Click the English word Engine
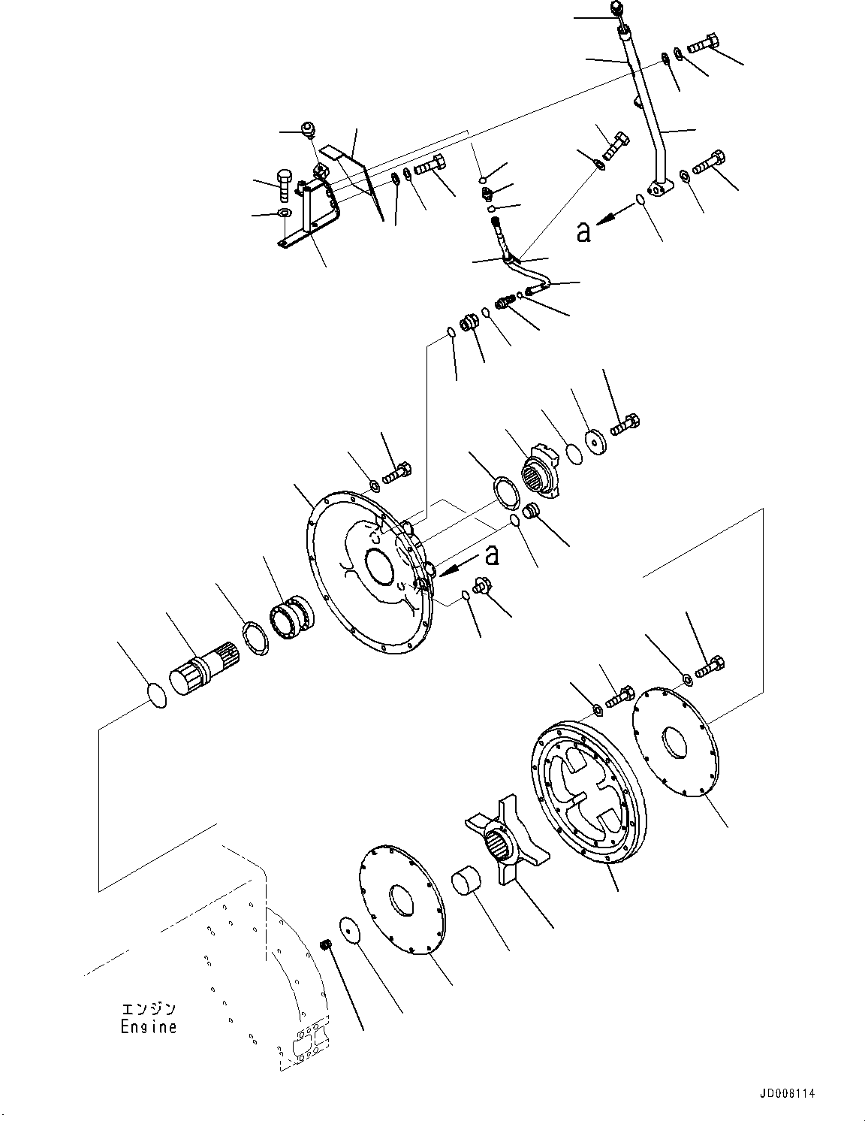click(x=149, y=1026)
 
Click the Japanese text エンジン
click(x=149, y=1008)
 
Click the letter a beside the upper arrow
click(x=583, y=233)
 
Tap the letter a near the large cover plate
click(x=492, y=554)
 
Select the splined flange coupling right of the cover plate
click(x=542, y=471)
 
